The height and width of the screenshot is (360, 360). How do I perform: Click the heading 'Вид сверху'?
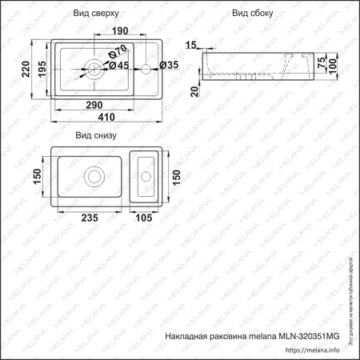tap(97, 13)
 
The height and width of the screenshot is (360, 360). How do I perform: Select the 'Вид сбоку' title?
tap(253, 13)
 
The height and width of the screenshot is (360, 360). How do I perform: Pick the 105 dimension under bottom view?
tap(143, 215)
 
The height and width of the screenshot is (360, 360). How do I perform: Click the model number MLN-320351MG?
tap(310, 336)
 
